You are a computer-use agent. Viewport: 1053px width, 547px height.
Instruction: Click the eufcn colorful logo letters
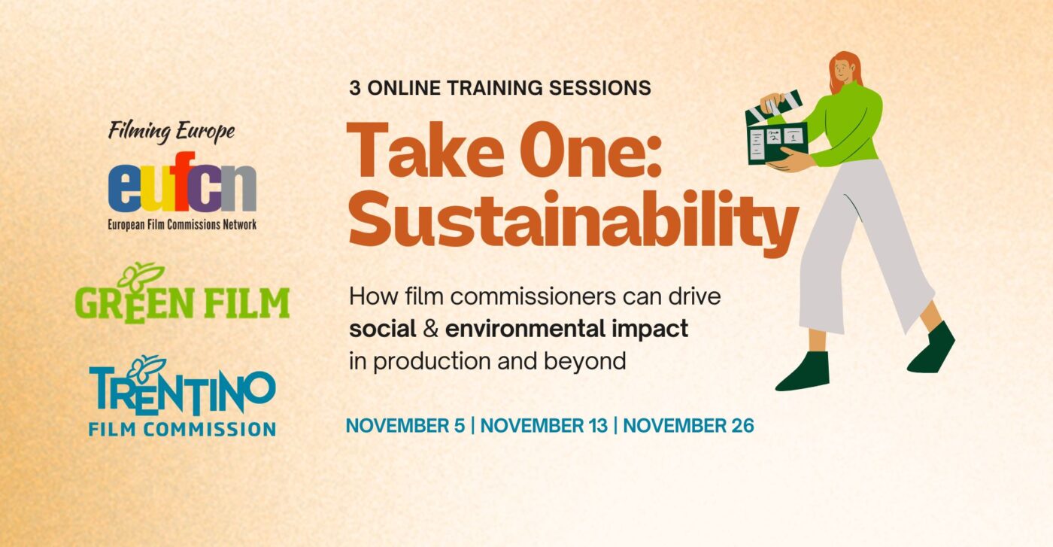(x=182, y=188)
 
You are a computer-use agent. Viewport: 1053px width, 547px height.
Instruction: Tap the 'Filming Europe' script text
(x=171, y=132)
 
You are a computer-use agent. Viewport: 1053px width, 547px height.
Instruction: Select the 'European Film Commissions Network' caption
(x=182, y=224)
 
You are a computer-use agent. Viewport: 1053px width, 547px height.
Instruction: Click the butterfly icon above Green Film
(x=141, y=275)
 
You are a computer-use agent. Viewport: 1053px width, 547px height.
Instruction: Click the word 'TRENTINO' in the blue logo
(x=183, y=393)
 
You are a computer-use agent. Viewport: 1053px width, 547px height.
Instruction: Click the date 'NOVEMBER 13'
(x=544, y=426)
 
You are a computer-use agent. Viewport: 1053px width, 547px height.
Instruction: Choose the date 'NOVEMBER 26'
(x=688, y=426)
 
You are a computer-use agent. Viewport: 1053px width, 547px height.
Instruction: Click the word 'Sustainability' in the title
(x=572, y=219)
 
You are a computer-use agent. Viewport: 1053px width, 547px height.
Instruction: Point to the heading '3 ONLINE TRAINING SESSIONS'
(x=499, y=88)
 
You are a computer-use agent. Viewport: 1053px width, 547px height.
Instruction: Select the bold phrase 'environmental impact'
(x=566, y=329)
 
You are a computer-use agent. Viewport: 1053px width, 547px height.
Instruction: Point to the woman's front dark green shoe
(x=804, y=372)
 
